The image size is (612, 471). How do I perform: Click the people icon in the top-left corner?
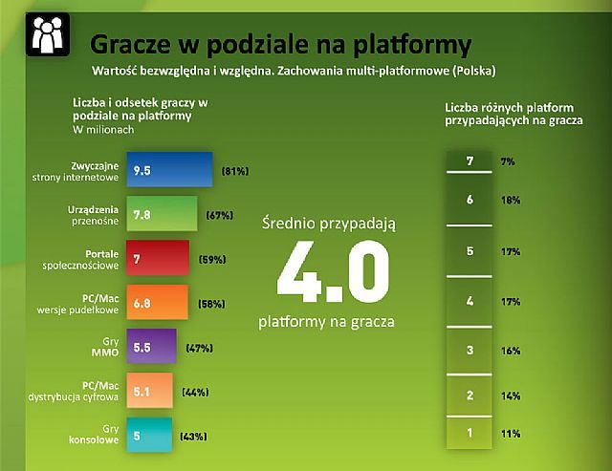pos(48,34)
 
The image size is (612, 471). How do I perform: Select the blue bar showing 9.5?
pos(170,170)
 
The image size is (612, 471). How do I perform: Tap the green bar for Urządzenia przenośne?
pos(162,214)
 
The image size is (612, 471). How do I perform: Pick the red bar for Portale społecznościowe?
pos(158,258)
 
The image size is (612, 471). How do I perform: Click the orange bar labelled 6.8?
pos(157,302)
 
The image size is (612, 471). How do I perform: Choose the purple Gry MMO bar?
pos(151,346)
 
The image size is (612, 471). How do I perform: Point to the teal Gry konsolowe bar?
pos(149,435)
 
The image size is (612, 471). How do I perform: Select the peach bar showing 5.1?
pos(149,391)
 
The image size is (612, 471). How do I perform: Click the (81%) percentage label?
pos(235,171)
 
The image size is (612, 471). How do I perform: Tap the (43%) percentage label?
pos(193,437)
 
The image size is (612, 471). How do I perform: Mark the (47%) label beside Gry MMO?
pos(200,348)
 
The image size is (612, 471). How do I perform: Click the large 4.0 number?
pos(333,271)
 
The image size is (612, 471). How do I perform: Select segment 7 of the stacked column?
pos(470,161)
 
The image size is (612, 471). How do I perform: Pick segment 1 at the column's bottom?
pos(470,433)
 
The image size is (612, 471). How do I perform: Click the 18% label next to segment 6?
pos(511,200)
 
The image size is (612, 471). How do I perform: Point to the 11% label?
pos(511,434)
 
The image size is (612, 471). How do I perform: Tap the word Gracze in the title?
pos(130,44)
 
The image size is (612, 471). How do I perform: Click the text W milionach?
pos(103,129)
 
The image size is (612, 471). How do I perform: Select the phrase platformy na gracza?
pos(326,322)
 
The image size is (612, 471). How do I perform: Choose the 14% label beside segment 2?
pos(511,396)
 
